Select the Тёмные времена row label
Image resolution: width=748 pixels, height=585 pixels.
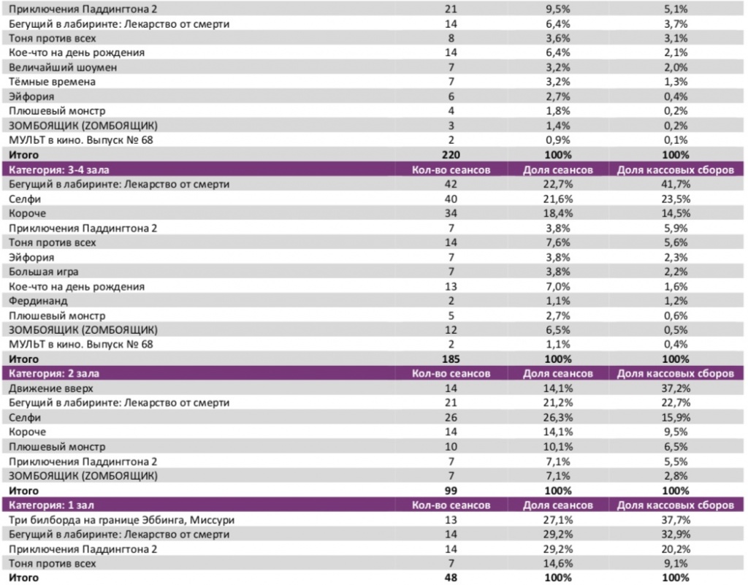click(x=52, y=82)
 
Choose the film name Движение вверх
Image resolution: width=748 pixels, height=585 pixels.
click(x=50, y=389)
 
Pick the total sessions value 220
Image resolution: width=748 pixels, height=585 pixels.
click(x=451, y=155)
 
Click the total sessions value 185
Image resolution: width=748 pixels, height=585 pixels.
click(x=451, y=359)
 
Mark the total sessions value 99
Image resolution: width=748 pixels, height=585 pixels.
click(x=451, y=491)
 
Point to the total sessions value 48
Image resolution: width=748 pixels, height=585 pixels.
click(x=451, y=578)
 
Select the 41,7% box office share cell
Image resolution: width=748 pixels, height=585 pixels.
click(x=675, y=184)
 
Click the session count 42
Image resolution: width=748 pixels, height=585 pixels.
click(x=451, y=184)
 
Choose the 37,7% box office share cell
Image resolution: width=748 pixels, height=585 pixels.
click(x=675, y=520)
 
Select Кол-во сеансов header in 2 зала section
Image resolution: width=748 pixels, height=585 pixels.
click(x=451, y=374)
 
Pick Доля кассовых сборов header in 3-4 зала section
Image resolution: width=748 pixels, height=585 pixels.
click(x=675, y=169)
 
